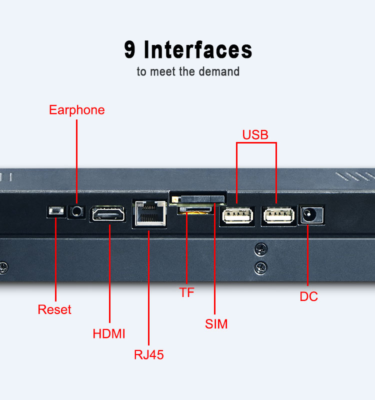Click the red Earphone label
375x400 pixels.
click(76, 110)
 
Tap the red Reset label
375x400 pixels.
click(54, 309)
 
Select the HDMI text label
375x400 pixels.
click(109, 333)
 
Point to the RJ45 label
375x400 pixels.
click(149, 355)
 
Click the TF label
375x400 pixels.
click(186, 293)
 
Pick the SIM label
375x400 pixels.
click(216, 324)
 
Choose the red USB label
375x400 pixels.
click(255, 134)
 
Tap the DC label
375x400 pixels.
click(308, 296)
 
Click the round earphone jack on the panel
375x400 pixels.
click(76, 211)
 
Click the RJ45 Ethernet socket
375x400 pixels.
click(149, 214)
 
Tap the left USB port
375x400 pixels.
click(237, 215)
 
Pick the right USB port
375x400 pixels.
click(277, 215)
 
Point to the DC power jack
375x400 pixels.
click(310, 215)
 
